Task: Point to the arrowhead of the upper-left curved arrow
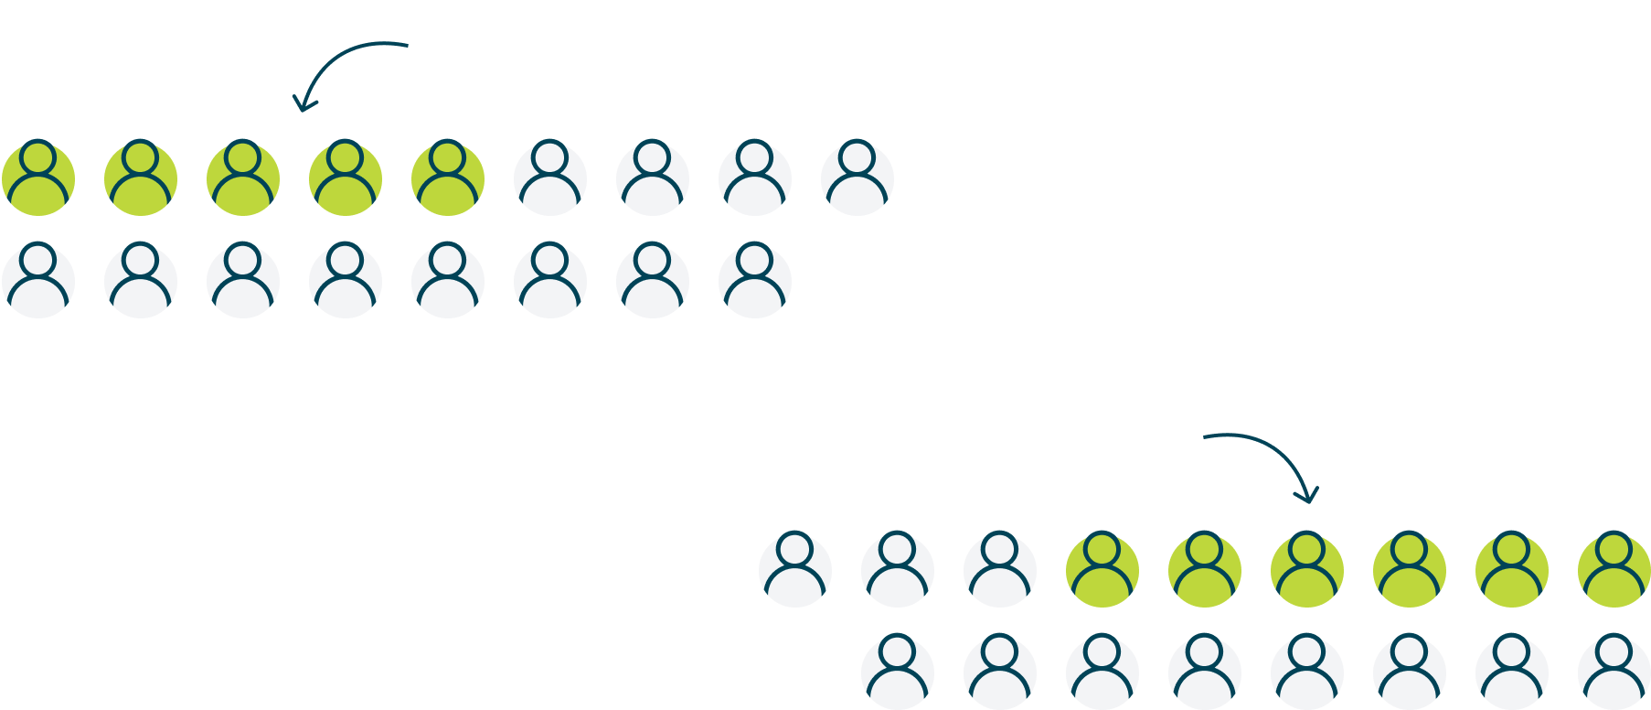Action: tap(301, 105)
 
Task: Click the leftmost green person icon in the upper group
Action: tap(38, 177)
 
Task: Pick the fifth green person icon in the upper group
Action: tap(448, 177)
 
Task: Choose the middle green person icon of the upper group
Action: tap(243, 177)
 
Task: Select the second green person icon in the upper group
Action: tap(141, 177)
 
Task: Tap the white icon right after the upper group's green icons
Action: tap(550, 177)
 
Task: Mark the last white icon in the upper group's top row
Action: tap(857, 177)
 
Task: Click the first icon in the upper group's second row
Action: tap(38, 280)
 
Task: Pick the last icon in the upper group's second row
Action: tap(755, 280)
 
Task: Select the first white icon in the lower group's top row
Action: tap(795, 569)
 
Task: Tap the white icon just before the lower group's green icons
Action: tap(1000, 569)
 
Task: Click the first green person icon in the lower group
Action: tap(1102, 569)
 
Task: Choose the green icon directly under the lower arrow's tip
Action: tap(1307, 569)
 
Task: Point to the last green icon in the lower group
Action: tap(1614, 569)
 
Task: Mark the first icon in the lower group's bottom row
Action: tap(898, 672)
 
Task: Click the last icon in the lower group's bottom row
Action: tap(1614, 672)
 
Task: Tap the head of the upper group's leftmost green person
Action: tap(38, 157)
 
